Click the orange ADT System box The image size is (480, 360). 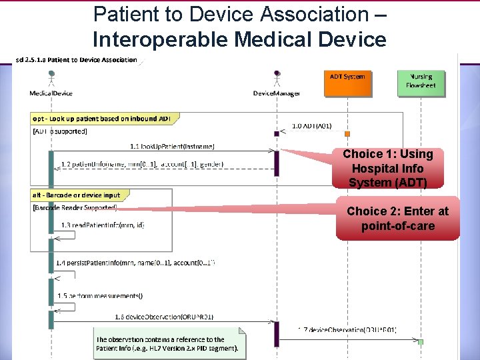pos(347,82)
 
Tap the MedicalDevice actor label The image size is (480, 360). pos(51,93)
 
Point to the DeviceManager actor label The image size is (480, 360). pos(277,93)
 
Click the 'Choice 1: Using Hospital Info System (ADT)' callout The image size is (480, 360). pos(387,168)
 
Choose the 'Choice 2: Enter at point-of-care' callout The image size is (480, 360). pos(397,219)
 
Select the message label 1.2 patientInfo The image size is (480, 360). pos(141,164)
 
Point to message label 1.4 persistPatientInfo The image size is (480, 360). pos(135,263)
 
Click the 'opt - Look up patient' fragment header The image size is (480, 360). pos(101,119)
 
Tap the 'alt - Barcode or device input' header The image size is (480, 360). pos(76,195)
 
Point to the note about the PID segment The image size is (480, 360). pos(168,344)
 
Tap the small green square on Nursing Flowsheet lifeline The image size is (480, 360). pos(421,342)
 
